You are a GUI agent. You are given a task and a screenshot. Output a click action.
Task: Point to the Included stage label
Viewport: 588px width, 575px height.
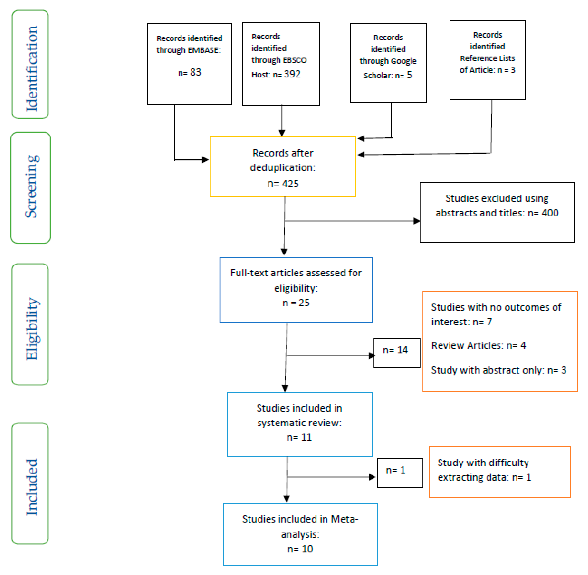(x=31, y=487)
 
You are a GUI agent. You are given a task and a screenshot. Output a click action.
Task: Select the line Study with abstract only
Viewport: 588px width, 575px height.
(x=498, y=370)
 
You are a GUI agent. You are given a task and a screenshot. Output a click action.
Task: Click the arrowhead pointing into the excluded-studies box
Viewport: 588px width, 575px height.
(x=416, y=221)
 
